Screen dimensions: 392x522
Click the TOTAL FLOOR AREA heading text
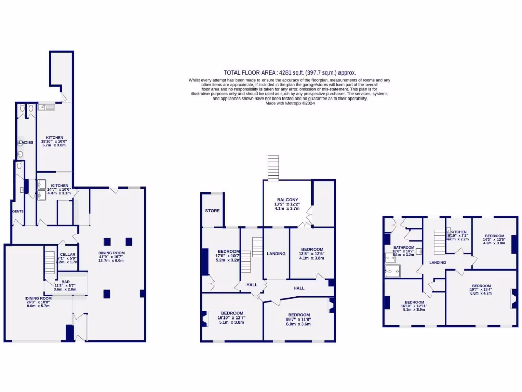(x=290, y=72)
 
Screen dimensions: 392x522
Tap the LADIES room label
(x=27, y=143)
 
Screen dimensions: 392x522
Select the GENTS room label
(x=18, y=211)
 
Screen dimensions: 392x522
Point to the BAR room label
(x=65, y=282)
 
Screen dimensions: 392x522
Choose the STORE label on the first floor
(x=212, y=211)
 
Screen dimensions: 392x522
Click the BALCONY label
(x=287, y=200)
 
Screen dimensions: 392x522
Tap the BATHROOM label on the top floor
(x=403, y=247)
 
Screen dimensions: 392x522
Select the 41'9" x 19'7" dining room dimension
(x=112, y=257)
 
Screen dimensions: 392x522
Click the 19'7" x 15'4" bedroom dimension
(x=481, y=290)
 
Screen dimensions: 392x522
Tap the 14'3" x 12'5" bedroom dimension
(x=493, y=239)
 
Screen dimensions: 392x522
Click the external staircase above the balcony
(x=273, y=168)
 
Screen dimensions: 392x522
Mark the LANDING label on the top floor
(x=437, y=263)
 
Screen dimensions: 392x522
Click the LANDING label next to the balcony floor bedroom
(x=276, y=254)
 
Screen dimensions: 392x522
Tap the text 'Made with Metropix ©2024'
(x=290, y=103)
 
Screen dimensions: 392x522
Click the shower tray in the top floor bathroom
(x=393, y=271)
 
